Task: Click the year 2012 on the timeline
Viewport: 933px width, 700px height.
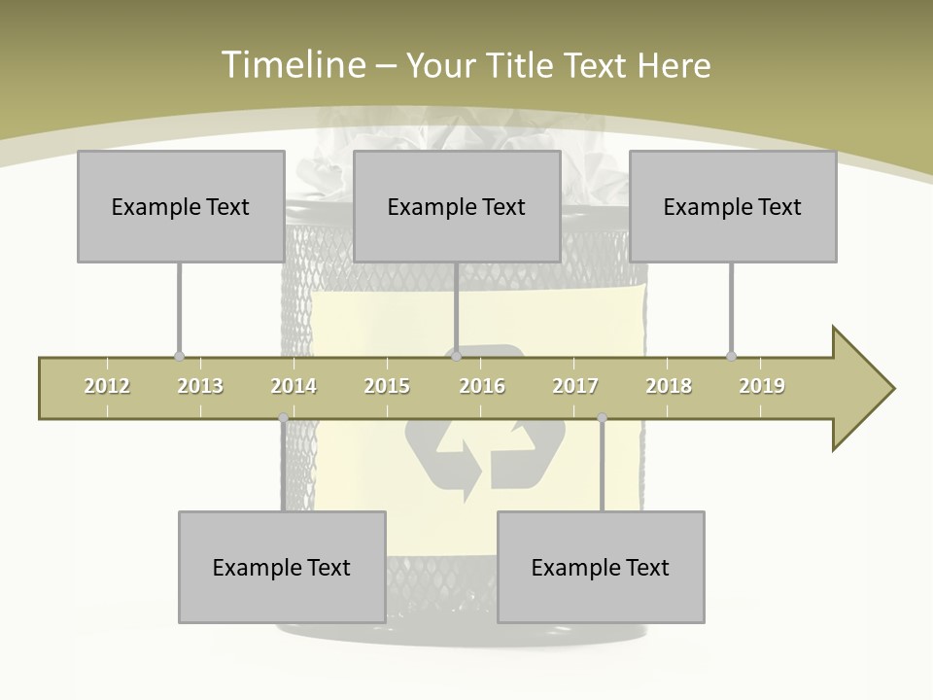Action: coord(107,386)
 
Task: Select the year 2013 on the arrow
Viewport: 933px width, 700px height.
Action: coord(200,386)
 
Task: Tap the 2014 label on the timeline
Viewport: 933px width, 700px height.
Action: coord(294,386)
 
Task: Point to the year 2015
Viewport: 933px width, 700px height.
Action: coord(387,386)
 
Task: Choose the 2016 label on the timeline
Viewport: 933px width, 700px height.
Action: coord(482,386)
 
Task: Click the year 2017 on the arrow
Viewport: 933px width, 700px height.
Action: coord(575,386)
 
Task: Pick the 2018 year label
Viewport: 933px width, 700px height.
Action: coord(669,386)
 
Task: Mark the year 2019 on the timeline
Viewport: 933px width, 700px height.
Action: coord(762,386)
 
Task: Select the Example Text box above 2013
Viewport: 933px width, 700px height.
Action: coord(181,206)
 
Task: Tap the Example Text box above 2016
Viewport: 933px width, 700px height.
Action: coord(457,206)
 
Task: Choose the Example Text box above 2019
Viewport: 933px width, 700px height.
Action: coord(733,206)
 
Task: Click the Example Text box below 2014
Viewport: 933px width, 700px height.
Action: coord(282,567)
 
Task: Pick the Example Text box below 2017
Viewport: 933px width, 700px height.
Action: coord(601,567)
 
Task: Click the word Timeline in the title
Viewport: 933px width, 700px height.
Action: coord(293,65)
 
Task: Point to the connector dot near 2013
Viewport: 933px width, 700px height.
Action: coord(179,356)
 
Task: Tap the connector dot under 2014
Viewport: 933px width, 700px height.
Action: coord(283,418)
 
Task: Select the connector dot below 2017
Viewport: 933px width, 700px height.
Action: coord(602,418)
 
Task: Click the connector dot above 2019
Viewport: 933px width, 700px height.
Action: coord(731,356)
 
